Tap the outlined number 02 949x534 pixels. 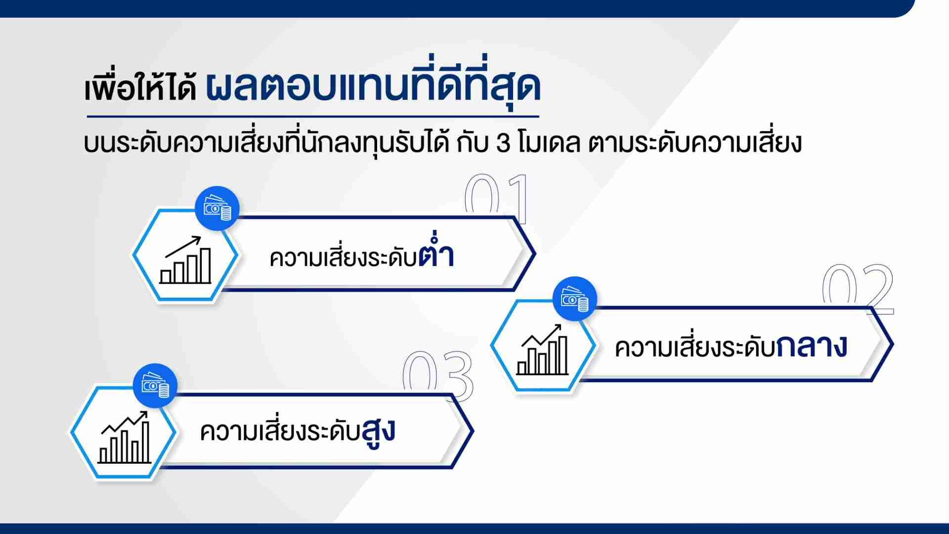pos(858,289)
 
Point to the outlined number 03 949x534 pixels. pos(437,376)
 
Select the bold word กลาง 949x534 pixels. pos(812,346)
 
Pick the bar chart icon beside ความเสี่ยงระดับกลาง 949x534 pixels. pos(543,350)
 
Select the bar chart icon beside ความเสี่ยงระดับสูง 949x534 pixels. pos(125,437)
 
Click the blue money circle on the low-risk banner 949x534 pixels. pos(217,209)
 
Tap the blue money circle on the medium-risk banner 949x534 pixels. pos(574,299)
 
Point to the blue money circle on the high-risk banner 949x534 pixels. pos(155,386)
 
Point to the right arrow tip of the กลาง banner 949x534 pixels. pos(893,345)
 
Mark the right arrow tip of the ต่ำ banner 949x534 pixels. pos(535,255)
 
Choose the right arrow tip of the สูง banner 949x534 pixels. pos(474,431)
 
